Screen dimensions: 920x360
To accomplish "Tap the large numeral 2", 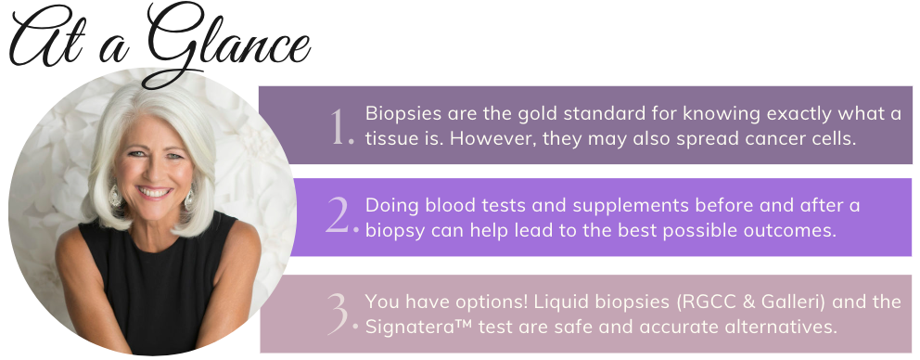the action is tap(341, 215).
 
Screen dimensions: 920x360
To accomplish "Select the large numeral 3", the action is tap(341, 314).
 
